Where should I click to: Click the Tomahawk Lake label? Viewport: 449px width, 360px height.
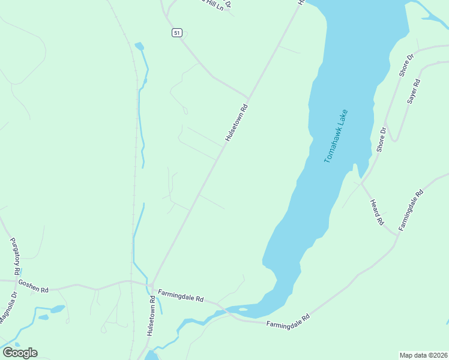point(336,137)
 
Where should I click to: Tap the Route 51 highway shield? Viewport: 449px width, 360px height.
point(176,33)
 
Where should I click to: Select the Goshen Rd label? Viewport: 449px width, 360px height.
point(33,285)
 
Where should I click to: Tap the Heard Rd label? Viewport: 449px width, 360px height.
point(377,212)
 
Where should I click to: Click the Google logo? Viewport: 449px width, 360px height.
point(20,352)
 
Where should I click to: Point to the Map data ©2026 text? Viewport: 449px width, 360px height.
point(423,355)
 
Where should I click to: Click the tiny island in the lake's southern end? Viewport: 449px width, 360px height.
point(243,310)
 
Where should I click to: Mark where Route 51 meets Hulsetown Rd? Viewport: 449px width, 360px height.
point(248,98)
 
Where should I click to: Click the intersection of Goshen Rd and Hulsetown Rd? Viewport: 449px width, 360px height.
point(151,284)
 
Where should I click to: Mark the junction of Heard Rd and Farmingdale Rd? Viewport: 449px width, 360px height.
point(397,233)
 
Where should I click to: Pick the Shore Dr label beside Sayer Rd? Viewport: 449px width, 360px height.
point(406,65)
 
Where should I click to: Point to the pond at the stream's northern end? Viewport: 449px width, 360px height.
point(139,46)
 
